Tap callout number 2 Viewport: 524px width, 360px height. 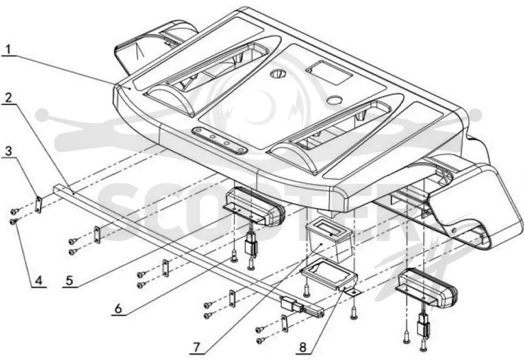click(x=9, y=98)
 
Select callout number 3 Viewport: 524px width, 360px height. click(x=8, y=151)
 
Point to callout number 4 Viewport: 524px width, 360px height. click(x=39, y=280)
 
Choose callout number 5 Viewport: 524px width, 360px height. click(x=69, y=280)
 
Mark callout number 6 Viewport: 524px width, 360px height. click(x=119, y=308)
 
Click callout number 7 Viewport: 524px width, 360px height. click(x=196, y=348)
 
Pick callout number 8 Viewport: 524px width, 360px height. click(x=303, y=348)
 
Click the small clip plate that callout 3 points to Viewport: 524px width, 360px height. click(x=39, y=204)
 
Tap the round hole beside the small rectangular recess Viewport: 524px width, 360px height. click(x=335, y=99)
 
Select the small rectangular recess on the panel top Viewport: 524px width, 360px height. click(x=329, y=72)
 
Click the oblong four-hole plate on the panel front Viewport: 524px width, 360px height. click(x=219, y=140)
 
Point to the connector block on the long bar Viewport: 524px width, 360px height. click(x=290, y=304)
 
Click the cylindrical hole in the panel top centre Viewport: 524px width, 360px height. click(x=276, y=73)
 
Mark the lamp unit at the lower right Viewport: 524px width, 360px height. click(x=428, y=287)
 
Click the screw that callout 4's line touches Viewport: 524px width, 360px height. click(x=14, y=221)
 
